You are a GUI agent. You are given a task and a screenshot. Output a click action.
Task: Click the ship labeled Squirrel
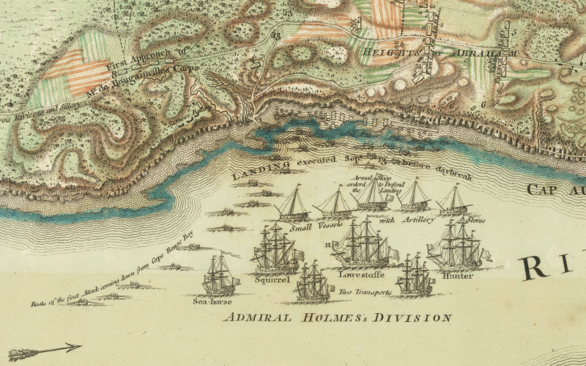274,250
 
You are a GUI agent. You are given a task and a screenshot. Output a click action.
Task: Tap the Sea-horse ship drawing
220,274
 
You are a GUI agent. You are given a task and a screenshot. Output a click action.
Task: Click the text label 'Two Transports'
364,292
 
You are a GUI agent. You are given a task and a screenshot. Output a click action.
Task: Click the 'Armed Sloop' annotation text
359,178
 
